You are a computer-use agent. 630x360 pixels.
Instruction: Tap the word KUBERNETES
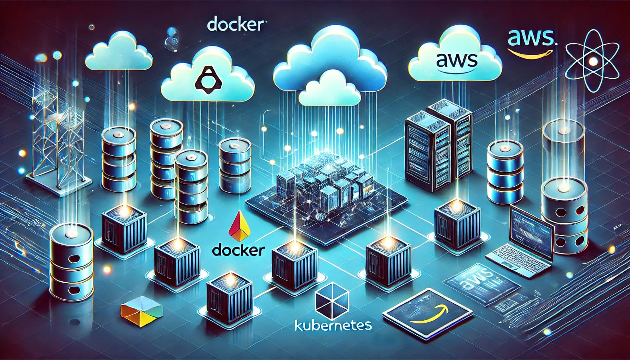point(332,324)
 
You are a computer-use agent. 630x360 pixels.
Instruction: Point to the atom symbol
point(593,62)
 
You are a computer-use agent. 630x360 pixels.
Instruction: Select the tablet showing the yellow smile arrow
point(427,309)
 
